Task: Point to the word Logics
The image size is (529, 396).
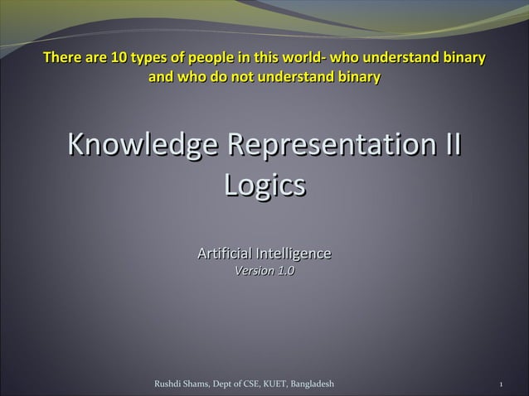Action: click(x=264, y=185)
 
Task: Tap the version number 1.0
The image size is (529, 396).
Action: click(x=285, y=270)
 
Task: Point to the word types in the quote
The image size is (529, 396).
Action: click(x=142, y=59)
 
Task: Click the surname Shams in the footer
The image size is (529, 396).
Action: click(x=198, y=384)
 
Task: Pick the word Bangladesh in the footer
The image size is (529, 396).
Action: click(x=310, y=384)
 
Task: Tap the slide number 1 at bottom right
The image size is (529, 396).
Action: click(x=502, y=385)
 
